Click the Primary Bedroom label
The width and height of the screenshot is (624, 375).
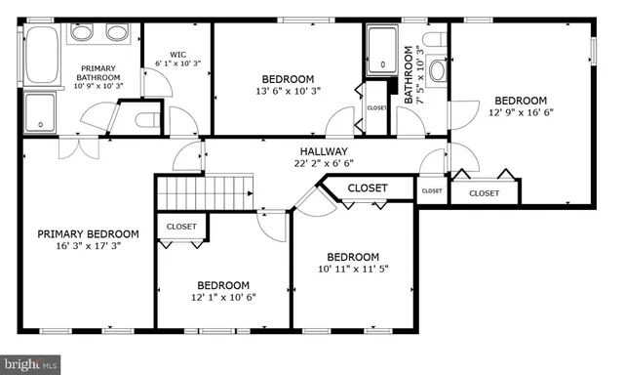pos(88,233)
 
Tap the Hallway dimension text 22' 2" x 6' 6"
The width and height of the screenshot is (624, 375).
pos(323,164)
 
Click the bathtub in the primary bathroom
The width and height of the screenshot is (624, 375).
pos(42,54)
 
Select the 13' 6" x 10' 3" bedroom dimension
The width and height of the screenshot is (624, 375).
pos(288,92)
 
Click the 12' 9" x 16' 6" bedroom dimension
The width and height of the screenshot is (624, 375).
pos(520,112)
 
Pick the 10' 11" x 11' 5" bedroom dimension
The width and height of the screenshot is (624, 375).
pos(352,269)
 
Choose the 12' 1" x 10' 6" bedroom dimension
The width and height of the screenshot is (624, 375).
pos(223,297)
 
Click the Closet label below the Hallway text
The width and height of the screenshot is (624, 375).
pos(368,187)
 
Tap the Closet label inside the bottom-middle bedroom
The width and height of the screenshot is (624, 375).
pos(181,227)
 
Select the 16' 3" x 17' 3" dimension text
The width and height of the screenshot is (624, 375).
pos(88,246)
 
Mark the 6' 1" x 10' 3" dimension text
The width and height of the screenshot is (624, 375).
pos(176,63)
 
